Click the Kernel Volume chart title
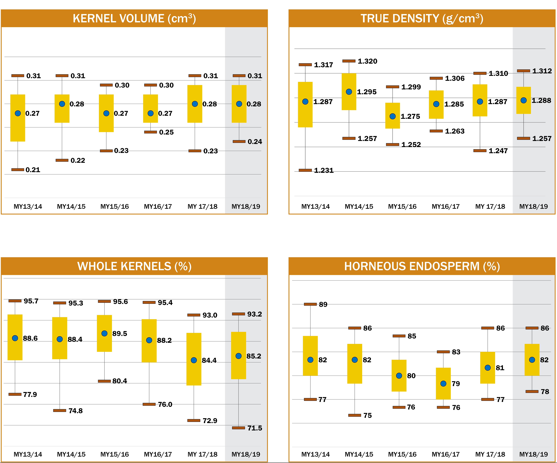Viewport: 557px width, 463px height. tap(134, 19)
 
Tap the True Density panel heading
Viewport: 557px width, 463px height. tap(422, 19)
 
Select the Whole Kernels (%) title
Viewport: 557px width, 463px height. tap(134, 266)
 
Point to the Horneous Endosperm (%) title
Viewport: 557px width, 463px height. tap(422, 266)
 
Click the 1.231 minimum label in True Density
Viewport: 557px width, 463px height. tap(324, 170)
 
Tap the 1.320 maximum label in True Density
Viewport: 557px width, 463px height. tap(367, 61)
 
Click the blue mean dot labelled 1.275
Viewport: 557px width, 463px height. tap(393, 116)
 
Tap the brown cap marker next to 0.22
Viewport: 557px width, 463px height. tap(62, 160)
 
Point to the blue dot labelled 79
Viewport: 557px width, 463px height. tap(443, 384)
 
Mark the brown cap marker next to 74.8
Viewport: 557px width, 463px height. tap(60, 411)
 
